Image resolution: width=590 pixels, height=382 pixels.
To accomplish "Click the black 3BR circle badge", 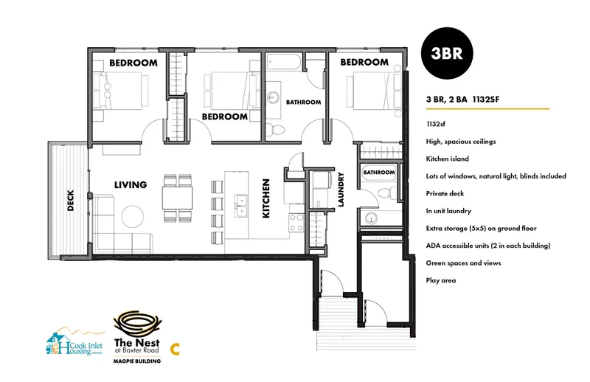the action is (x=447, y=53).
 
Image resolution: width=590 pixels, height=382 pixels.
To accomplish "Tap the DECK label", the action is (x=70, y=201).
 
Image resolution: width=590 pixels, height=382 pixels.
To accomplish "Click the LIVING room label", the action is (x=131, y=185).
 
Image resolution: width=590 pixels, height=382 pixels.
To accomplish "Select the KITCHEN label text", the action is (x=266, y=198).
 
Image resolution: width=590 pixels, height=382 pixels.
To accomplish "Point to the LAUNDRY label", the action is (x=341, y=190).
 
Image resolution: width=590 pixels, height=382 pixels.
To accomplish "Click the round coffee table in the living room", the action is (x=133, y=216).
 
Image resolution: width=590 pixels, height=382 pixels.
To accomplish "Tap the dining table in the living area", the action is (x=177, y=198).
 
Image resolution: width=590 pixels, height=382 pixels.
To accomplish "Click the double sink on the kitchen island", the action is (x=241, y=206).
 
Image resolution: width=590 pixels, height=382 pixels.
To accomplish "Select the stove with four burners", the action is (x=296, y=223).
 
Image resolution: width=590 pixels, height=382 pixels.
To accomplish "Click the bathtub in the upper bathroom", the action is (x=284, y=62).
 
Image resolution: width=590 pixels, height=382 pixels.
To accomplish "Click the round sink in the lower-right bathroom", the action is (x=372, y=218).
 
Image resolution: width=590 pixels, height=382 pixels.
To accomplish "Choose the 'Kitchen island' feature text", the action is (x=448, y=159).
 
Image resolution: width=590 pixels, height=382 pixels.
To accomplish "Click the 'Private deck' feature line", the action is (x=445, y=193).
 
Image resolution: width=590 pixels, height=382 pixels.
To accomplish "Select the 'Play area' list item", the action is (x=440, y=280).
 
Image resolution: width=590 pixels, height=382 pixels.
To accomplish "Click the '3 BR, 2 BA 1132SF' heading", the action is (x=463, y=100).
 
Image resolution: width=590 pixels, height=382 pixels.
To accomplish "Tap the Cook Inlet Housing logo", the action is (x=74, y=342).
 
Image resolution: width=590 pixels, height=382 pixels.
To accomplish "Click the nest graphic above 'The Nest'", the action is (x=137, y=324).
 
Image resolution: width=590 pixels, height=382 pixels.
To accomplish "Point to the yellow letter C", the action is (x=175, y=349).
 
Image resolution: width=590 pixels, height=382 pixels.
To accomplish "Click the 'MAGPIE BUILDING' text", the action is (x=137, y=361).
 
